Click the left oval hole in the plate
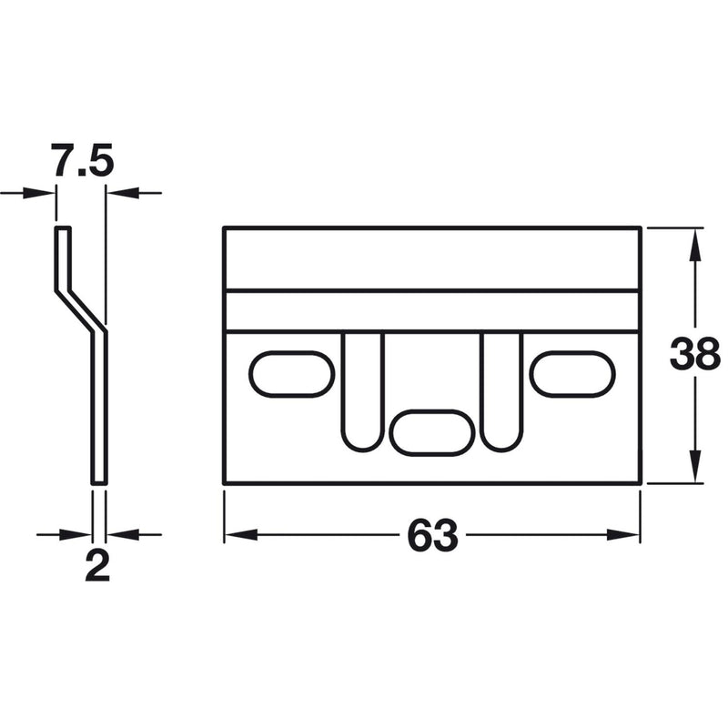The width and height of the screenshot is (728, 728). pos(291,374)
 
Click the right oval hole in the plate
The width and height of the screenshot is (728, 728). pos(572,374)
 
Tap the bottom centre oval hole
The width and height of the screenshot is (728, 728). pos(432,431)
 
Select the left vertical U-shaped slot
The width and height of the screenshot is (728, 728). pos(363,391)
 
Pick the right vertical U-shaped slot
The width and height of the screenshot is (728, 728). pos(503,391)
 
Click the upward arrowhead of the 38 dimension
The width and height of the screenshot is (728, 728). pos(696,241)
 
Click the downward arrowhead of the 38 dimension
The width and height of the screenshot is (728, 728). pos(696,471)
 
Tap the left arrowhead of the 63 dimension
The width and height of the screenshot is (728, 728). pos(236,535)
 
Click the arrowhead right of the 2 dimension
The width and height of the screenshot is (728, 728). pos(118,535)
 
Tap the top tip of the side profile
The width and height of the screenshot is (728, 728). pos(63,229)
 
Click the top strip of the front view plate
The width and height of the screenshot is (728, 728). pos(432,259)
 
